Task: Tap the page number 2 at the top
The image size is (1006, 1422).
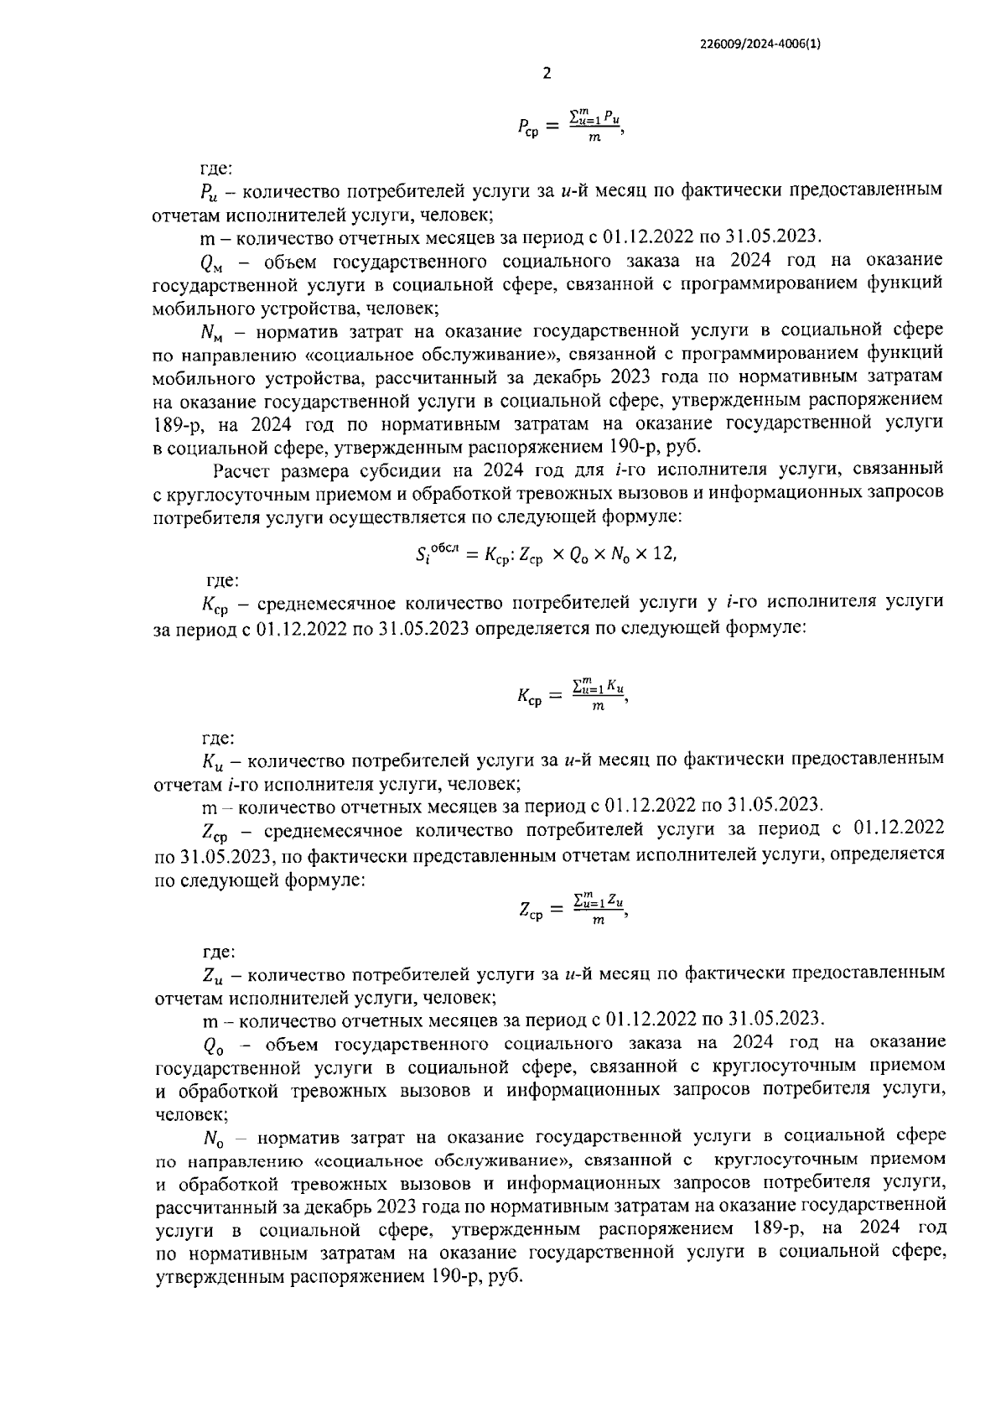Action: pos(547,74)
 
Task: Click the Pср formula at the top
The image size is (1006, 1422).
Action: pos(571,127)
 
